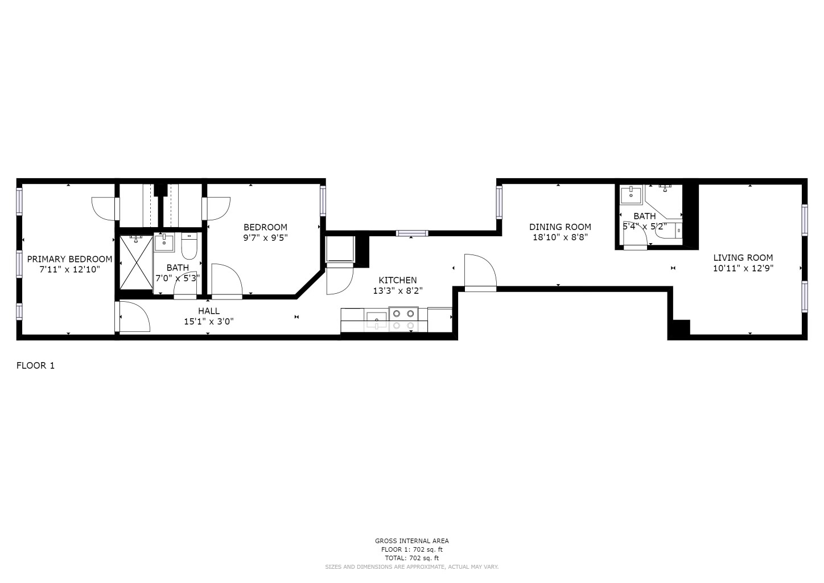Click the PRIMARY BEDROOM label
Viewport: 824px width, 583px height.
(69, 259)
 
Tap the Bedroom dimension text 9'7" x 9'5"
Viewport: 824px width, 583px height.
(265, 238)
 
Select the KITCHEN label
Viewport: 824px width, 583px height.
(397, 280)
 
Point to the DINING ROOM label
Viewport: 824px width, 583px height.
(560, 227)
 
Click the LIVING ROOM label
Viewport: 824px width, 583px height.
(743, 257)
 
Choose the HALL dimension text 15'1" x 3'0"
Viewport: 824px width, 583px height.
(208, 321)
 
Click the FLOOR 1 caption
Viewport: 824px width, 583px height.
(35, 366)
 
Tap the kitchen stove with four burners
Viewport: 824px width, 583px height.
(403, 319)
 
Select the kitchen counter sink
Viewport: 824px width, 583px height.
(376, 319)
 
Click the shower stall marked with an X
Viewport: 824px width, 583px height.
(135, 263)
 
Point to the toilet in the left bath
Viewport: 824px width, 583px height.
(189, 246)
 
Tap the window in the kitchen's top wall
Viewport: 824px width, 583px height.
(412, 233)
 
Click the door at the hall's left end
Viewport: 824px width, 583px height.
(133, 317)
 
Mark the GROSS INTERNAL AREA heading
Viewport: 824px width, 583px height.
(411, 541)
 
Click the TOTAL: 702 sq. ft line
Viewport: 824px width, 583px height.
(411, 558)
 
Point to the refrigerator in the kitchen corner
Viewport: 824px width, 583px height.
(340, 251)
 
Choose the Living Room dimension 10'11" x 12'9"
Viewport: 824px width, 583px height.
(743, 268)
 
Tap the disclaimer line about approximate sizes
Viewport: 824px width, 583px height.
(411, 567)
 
